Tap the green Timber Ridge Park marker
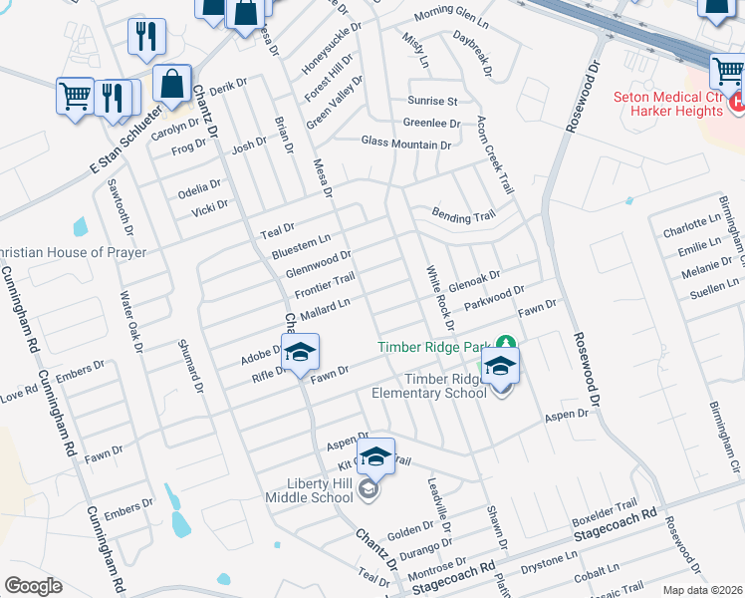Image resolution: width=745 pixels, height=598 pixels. pyautogui.click(x=506, y=343)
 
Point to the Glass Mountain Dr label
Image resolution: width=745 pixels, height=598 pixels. pyautogui.click(x=405, y=144)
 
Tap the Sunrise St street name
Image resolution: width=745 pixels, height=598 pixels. pyautogui.click(x=432, y=101)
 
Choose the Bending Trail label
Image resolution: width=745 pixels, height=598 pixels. pyautogui.click(x=463, y=215)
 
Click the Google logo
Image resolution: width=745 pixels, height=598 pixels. pyautogui.click(x=33, y=586)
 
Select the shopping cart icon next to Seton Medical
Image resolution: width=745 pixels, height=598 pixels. pyautogui.click(x=728, y=72)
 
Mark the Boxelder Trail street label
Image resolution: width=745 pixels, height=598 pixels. pyautogui.click(x=604, y=514)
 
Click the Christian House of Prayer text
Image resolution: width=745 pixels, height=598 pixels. pyautogui.click(x=74, y=253)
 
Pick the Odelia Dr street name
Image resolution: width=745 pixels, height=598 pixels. pyautogui.click(x=199, y=187)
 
